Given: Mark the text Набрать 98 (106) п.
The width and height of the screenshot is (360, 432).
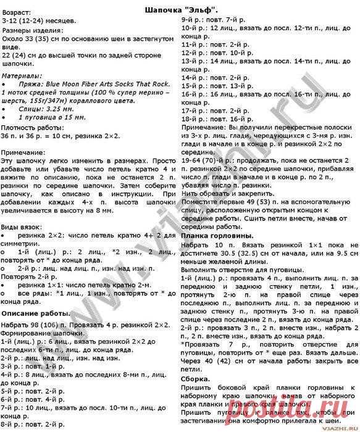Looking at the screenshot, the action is [31, 323].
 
